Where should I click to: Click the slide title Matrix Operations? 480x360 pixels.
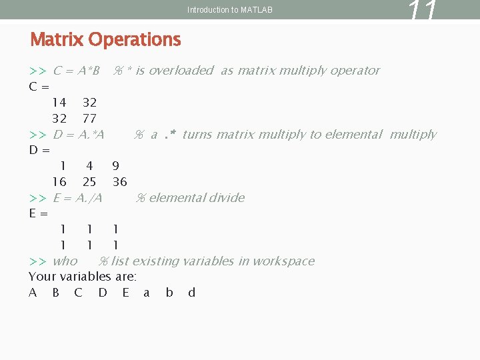(105, 40)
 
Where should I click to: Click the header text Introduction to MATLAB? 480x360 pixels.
(230, 10)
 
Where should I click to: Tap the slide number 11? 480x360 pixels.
(423, 11)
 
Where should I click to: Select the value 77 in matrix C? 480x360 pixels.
(89, 119)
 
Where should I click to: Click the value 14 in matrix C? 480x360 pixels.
(59, 103)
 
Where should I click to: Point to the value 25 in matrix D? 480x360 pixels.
(89, 182)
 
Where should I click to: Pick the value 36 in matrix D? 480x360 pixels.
(120, 182)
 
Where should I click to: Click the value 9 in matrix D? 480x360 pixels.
(116, 166)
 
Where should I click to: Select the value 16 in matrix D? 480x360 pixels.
(59, 182)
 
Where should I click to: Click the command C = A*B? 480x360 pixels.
(76, 71)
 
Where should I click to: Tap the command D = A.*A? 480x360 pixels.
(79, 135)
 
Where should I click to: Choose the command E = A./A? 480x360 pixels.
(77, 198)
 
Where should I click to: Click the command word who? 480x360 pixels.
(65, 261)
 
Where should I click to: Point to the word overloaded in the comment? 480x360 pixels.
(181, 71)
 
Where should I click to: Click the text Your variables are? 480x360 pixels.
(83, 277)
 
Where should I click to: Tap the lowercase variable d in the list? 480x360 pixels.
(192, 293)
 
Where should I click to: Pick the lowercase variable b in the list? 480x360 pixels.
(169, 293)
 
